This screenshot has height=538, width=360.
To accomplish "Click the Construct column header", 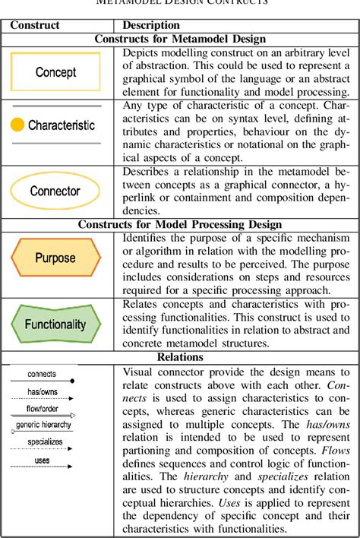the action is [34, 25].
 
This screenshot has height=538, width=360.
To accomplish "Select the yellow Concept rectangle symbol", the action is [55, 72].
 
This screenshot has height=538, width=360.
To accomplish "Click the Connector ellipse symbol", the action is [55, 191].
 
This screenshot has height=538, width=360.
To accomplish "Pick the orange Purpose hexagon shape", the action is [55, 258].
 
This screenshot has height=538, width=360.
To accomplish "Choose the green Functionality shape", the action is [55, 323].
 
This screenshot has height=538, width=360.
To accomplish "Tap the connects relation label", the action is [42, 374].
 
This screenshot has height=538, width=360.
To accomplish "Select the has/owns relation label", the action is [41, 391].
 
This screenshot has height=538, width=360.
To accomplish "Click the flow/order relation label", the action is [42, 409].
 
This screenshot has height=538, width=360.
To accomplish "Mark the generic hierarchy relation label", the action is [44, 425].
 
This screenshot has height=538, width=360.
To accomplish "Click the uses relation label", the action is [43, 460].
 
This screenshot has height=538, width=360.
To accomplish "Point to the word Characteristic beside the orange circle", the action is [62, 125].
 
